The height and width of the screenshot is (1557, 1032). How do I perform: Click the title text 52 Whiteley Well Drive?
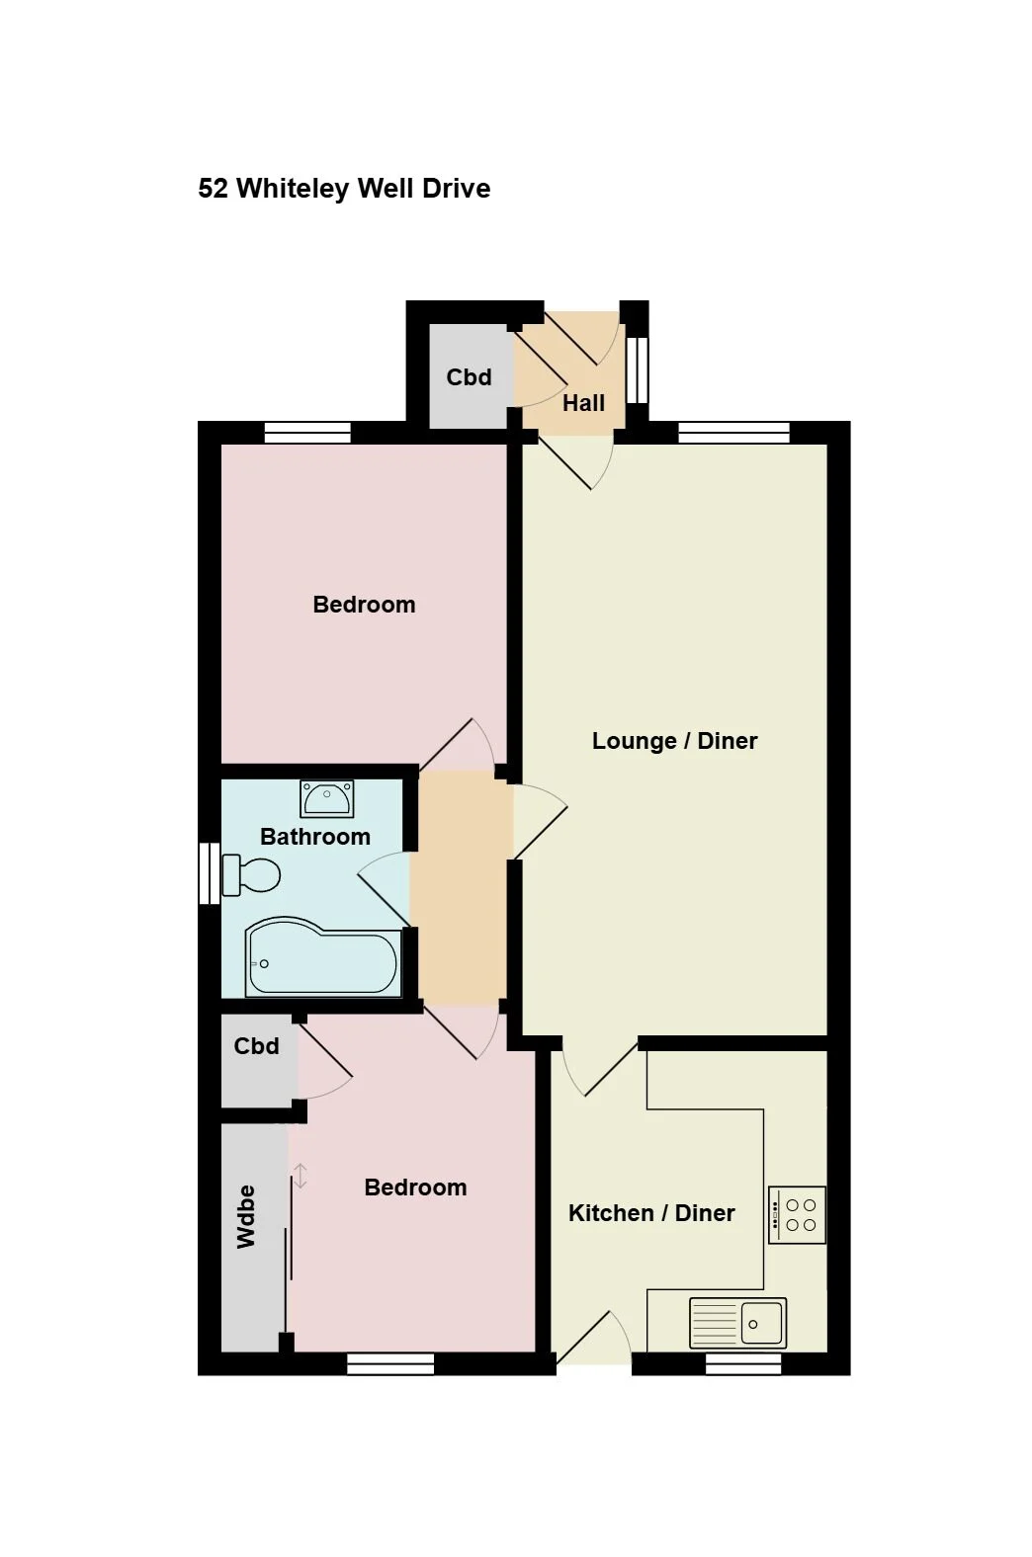click(x=344, y=189)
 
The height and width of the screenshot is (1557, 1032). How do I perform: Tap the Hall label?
click(x=583, y=403)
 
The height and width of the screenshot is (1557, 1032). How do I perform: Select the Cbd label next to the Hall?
click(x=469, y=377)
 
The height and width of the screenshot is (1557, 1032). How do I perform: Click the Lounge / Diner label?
click(x=674, y=741)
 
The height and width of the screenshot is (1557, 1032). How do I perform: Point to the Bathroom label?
click(x=315, y=837)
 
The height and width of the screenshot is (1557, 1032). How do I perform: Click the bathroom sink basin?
click(x=327, y=798)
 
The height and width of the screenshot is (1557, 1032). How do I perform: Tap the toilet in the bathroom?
click(x=251, y=875)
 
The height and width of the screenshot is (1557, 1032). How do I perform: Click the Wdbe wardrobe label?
click(x=246, y=1216)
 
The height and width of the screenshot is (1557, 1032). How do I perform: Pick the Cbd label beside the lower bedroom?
click(x=257, y=1046)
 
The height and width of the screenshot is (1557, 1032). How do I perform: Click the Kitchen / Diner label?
click(x=651, y=1213)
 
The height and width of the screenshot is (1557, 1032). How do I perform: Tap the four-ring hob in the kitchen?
click(x=797, y=1215)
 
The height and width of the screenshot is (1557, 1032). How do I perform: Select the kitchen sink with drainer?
click(x=737, y=1323)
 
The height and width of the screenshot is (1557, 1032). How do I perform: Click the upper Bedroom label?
click(x=365, y=605)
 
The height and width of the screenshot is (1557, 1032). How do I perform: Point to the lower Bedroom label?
click(x=416, y=1188)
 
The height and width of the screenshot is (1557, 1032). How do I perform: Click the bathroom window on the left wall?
click(x=210, y=873)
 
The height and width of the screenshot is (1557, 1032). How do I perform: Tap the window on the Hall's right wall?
click(x=637, y=369)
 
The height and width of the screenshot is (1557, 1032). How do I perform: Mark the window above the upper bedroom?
click(x=307, y=433)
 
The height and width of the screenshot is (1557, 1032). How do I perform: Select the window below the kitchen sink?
click(x=743, y=1363)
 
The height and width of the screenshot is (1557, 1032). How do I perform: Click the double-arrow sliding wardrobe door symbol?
click(x=300, y=1176)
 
